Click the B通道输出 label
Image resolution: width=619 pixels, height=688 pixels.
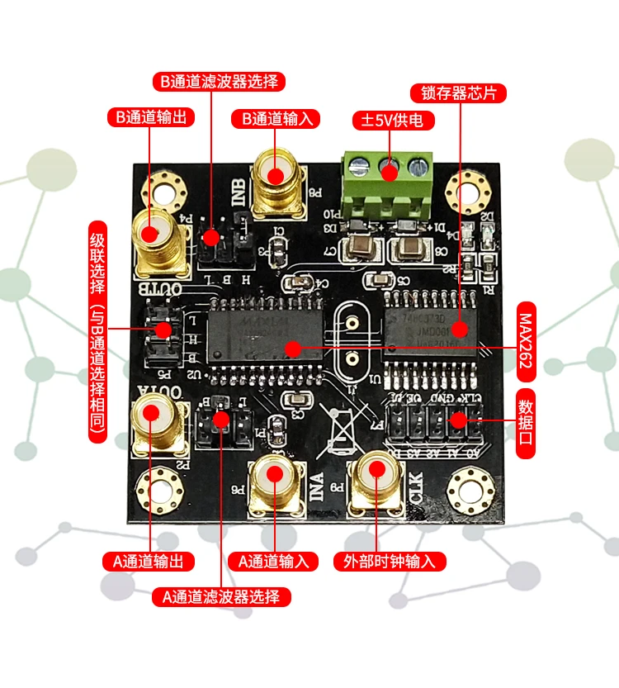[151, 116]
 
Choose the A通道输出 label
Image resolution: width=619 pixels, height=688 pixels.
[149, 562]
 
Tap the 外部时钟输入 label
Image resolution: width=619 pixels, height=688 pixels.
[389, 562]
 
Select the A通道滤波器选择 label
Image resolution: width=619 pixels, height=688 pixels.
[220, 596]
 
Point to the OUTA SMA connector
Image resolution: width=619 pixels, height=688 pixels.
[154, 418]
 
